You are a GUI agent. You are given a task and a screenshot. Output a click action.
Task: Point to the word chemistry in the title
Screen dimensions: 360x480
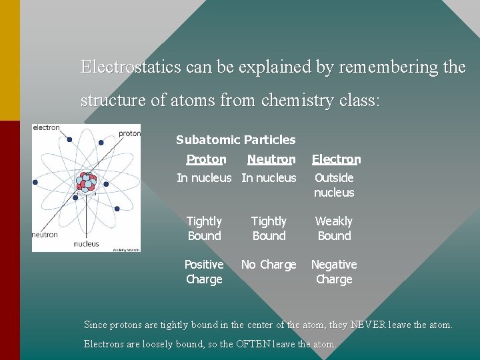tap(298, 101)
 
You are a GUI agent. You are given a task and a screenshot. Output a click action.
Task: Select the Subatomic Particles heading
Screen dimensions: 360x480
tap(235, 140)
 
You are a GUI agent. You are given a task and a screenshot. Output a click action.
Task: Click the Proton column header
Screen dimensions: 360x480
tap(206, 159)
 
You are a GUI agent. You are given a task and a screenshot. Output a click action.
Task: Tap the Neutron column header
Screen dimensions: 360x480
tap(271, 159)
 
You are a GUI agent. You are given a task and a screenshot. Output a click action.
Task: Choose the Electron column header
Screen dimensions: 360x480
tap(336, 159)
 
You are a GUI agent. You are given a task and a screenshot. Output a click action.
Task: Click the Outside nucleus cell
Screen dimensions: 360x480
tap(334, 185)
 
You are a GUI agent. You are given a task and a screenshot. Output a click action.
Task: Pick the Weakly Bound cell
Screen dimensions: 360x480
tap(334, 229)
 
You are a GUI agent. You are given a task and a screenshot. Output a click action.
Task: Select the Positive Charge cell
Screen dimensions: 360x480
tap(204, 272)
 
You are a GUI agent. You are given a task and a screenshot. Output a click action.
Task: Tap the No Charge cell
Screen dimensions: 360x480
tap(269, 265)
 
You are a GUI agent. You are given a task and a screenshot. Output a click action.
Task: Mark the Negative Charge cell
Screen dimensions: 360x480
tap(334, 272)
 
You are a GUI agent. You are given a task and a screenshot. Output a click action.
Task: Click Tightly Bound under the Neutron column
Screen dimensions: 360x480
tap(269, 229)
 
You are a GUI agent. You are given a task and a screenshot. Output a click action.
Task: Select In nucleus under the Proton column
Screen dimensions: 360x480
tap(204, 178)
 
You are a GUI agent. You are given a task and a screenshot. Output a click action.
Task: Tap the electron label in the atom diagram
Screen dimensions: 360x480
tap(46, 127)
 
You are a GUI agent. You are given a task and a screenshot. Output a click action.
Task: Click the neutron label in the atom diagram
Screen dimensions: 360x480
tap(45, 235)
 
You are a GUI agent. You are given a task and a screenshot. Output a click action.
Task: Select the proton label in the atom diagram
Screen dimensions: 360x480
tap(129, 133)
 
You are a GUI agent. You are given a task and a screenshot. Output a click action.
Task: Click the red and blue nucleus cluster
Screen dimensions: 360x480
tap(87, 182)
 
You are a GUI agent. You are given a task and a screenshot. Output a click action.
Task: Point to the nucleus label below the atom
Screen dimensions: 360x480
tap(86, 244)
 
